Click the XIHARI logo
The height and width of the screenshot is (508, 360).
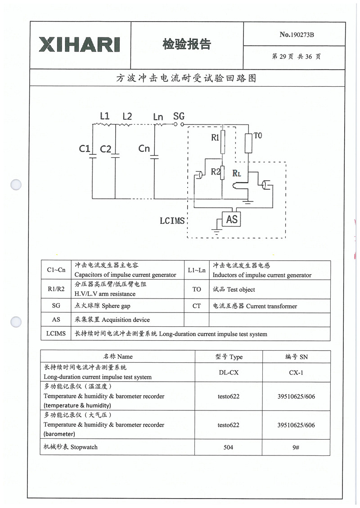80,44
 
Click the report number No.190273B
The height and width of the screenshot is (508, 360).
297,35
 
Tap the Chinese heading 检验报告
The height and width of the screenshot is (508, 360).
186,44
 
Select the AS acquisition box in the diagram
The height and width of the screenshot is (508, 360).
232,219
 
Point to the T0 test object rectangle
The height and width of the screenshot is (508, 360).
248,143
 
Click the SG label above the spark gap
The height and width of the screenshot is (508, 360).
179,116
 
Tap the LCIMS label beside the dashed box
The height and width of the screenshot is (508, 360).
172,221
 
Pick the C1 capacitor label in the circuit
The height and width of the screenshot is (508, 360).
84,148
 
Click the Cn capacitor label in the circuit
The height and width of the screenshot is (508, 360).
144,148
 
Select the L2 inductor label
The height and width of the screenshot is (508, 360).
127,116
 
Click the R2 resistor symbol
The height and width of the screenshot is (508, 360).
222,172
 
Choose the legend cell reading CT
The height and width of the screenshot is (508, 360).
197,306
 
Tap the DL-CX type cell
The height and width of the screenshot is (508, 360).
229,372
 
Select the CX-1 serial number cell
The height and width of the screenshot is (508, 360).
297,372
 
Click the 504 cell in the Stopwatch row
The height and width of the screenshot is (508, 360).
229,447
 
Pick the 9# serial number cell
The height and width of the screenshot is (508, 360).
297,447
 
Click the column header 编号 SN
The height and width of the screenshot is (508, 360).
297,357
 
